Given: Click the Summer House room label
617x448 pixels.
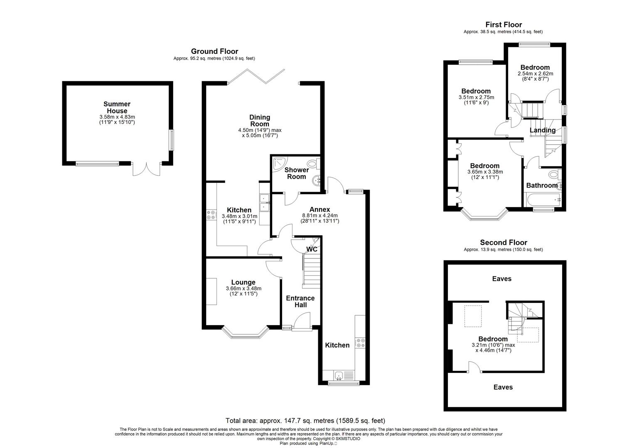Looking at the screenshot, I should [x=117, y=107].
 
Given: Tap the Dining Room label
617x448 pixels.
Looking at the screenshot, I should [x=259, y=121].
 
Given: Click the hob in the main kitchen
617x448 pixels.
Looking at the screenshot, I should [x=211, y=215].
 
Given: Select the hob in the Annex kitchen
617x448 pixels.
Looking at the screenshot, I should [x=360, y=343].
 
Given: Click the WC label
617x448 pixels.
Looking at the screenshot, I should [x=312, y=249].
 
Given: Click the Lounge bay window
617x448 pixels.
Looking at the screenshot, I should [x=244, y=334].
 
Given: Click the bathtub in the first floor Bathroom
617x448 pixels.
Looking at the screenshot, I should [x=543, y=201].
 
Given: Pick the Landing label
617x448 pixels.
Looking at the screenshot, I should [x=542, y=130].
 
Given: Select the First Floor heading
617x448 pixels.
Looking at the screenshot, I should [x=503, y=25].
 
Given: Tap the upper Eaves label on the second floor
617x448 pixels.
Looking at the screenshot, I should [x=501, y=279].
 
